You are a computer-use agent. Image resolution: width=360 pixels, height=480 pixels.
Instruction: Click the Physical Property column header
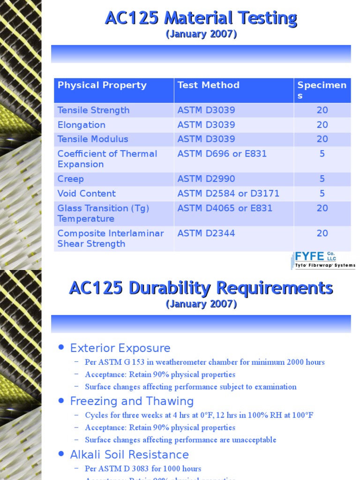coord(102,85)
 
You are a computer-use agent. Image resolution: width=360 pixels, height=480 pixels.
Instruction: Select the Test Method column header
coord(208,85)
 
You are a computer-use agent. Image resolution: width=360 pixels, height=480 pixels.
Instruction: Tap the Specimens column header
coord(322,90)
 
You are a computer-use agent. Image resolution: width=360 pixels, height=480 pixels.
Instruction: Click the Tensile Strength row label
coord(93,111)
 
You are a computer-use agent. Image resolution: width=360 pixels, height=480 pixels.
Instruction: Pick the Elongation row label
coord(82,125)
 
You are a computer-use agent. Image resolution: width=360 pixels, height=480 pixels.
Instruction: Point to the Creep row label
coord(71,179)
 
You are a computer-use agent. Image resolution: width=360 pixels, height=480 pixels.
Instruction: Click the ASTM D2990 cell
coord(206,179)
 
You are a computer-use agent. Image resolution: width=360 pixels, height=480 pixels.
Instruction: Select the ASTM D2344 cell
coord(206,233)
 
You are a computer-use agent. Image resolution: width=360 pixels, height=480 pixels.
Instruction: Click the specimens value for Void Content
coord(322,194)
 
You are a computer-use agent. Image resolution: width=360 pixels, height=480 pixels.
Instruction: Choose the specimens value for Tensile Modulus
coord(322,139)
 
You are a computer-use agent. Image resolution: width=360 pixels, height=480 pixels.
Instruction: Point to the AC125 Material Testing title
coord(201,19)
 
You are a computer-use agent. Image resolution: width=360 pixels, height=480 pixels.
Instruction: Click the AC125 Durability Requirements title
coord(201,288)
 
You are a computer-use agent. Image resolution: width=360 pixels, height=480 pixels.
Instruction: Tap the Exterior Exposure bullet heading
coord(120,348)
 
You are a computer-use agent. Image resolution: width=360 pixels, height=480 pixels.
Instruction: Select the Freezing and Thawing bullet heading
coord(132,401)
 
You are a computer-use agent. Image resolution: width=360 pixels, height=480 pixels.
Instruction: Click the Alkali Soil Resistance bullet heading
coord(129,455)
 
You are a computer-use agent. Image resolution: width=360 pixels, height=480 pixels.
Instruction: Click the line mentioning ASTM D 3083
coord(143,469)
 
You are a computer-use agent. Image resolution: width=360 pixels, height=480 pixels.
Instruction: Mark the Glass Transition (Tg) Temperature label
coord(103,213)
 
